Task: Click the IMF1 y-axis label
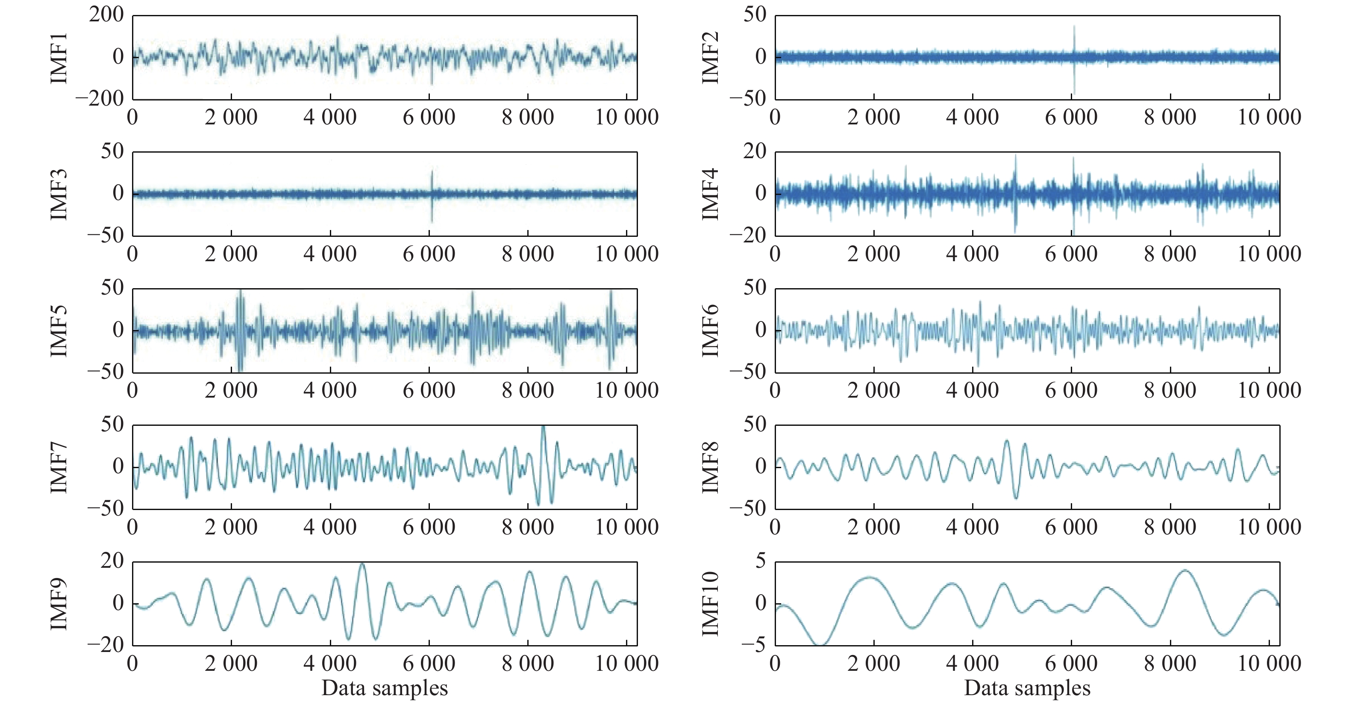coord(59,57)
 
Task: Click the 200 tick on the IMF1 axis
coord(106,15)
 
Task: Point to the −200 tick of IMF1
coord(100,98)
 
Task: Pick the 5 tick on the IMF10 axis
coord(760,561)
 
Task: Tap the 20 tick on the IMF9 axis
coord(112,561)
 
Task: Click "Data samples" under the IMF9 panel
coord(385,688)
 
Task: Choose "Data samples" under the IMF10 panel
coord(1027,688)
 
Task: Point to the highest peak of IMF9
coord(362,564)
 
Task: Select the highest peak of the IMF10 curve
coord(1184,571)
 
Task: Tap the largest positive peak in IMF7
coord(544,428)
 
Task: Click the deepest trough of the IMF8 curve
coord(1016,498)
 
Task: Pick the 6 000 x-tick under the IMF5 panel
coord(429,391)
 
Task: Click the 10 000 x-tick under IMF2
coord(1269,118)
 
